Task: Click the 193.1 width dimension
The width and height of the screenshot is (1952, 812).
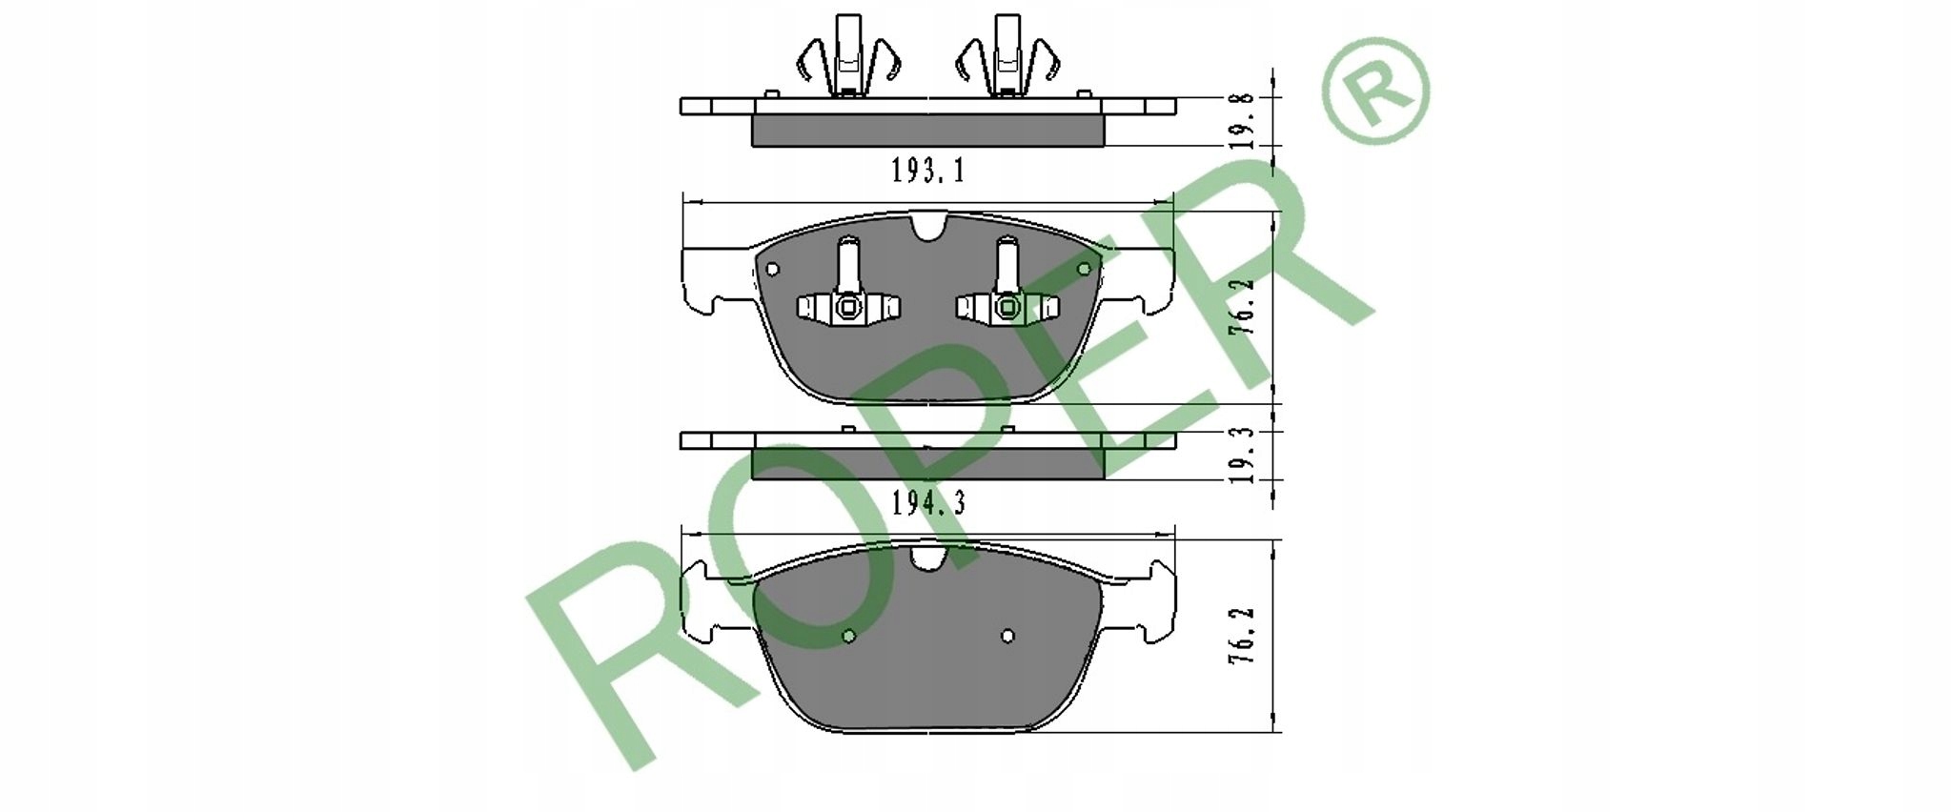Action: (x=928, y=171)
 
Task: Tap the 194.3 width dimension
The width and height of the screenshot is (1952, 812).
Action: (x=928, y=502)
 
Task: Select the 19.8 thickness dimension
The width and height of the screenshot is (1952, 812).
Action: (x=1239, y=121)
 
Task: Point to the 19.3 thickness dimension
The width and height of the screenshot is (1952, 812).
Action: (x=1239, y=455)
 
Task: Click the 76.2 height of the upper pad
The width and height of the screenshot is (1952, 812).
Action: (x=1240, y=305)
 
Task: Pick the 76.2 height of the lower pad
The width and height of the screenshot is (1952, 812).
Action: (x=1240, y=635)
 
